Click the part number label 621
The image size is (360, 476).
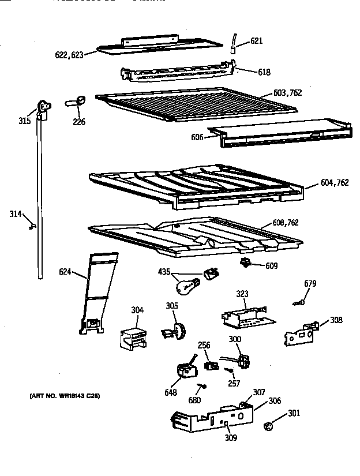pyautogui.click(x=257, y=40)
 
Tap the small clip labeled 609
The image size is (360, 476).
pyautogui.click(x=246, y=264)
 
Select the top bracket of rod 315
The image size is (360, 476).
pyautogui.click(x=43, y=106)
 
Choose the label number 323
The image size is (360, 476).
pyautogui.click(x=242, y=294)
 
